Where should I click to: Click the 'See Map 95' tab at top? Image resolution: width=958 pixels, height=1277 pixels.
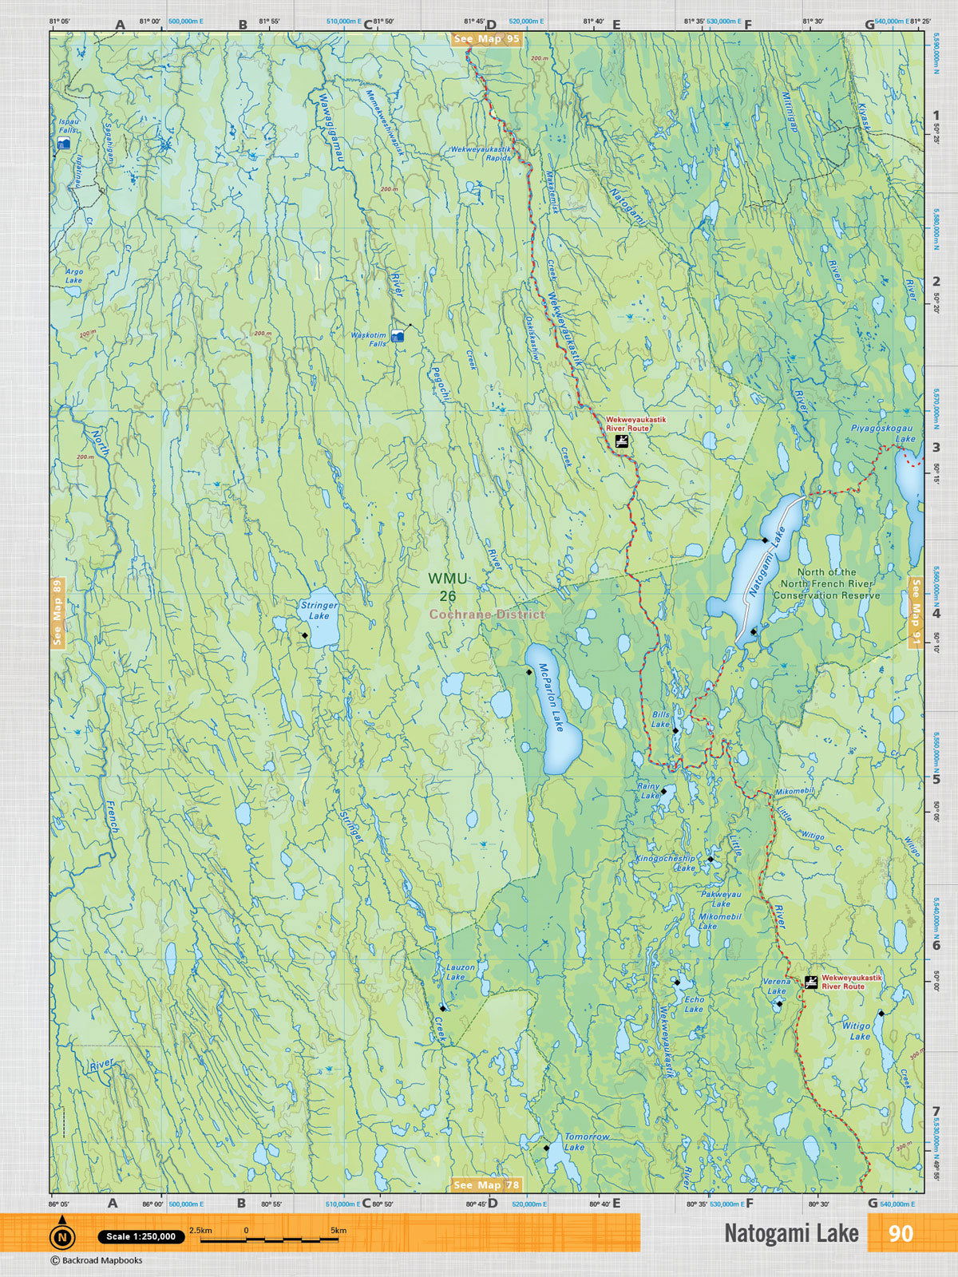tap(486, 39)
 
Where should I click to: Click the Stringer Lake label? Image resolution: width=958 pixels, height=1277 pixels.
tap(319, 611)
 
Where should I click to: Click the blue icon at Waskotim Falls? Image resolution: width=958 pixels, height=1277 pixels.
tap(398, 337)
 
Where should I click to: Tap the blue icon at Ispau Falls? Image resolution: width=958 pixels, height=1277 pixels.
tap(65, 144)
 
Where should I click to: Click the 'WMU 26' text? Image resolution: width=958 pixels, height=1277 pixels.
tap(447, 587)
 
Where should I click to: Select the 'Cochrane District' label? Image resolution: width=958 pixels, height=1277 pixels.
tap(487, 614)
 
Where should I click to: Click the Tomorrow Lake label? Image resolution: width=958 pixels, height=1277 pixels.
tap(586, 1141)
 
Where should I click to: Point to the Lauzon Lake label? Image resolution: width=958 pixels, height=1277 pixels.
tap(460, 971)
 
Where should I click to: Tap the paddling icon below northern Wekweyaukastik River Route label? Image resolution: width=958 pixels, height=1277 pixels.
tap(621, 441)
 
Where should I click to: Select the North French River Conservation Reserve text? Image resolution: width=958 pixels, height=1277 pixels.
tap(826, 583)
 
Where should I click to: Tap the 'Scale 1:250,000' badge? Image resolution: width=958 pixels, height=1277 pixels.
tap(141, 1236)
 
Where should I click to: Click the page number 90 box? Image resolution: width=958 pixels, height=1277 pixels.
tap(900, 1233)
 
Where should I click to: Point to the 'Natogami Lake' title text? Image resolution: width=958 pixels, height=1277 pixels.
tap(790, 1233)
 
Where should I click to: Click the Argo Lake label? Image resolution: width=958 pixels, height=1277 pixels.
tap(73, 276)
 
